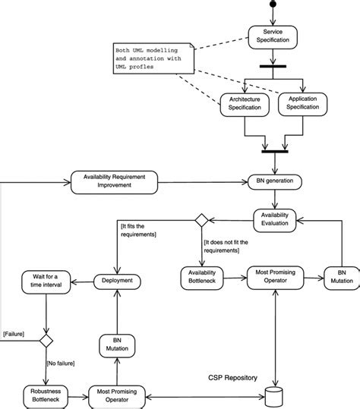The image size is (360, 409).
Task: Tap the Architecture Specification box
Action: coord(244,105)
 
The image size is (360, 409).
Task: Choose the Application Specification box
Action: coord(302,104)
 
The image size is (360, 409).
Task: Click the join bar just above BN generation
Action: coord(274,151)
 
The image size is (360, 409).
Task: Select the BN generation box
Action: coord(275,182)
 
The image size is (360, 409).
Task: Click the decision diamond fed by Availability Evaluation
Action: coord(202,220)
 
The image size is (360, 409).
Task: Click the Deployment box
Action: coord(117,280)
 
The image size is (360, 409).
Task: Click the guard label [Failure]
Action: coord(17,333)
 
